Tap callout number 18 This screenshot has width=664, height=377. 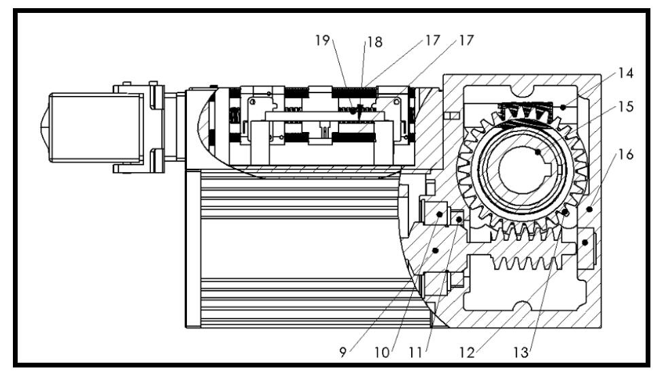[374, 42]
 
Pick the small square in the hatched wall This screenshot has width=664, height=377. [449, 114]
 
